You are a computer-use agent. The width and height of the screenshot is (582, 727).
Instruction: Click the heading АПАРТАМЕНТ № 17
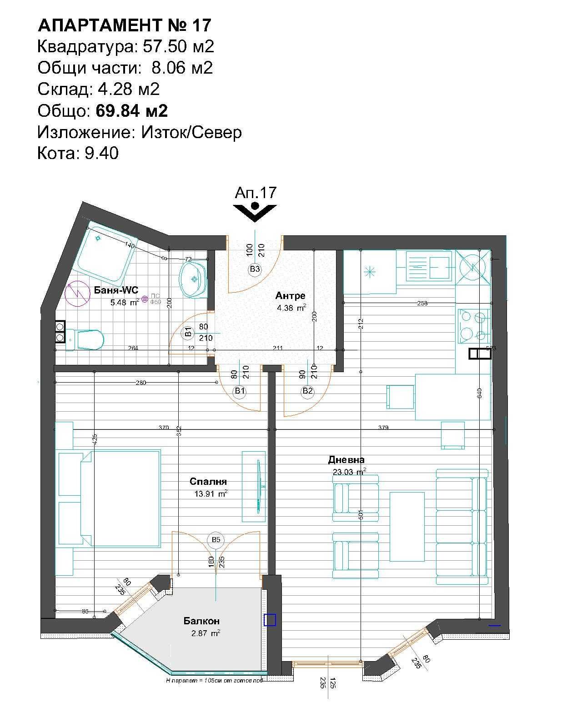pyautogui.click(x=125, y=25)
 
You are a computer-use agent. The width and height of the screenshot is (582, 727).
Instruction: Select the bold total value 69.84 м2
pyautogui.click(x=132, y=110)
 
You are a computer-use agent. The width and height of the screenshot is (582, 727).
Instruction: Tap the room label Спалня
pyautogui.click(x=208, y=482)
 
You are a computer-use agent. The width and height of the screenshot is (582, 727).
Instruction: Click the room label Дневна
pyautogui.click(x=346, y=460)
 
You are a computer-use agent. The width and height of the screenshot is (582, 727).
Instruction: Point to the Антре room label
pyautogui.click(x=290, y=296)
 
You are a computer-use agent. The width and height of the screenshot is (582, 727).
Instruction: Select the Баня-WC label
pyautogui.click(x=116, y=290)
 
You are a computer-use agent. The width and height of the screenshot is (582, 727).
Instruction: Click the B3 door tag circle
pyautogui.click(x=255, y=269)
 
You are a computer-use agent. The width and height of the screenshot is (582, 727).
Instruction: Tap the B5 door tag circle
pyautogui.click(x=216, y=539)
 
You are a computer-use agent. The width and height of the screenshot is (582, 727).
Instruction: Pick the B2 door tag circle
pyautogui.click(x=308, y=391)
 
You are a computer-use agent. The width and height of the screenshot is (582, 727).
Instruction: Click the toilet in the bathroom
pyautogui.click(x=89, y=339)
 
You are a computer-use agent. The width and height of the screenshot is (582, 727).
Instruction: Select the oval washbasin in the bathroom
pyautogui.click(x=193, y=279)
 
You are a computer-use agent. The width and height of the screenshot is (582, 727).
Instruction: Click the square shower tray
pyautogui.click(x=105, y=252)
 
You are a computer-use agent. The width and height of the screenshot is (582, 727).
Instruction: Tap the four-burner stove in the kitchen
pyautogui.click(x=474, y=326)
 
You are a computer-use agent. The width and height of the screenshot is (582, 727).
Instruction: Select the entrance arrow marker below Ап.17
pyautogui.click(x=255, y=211)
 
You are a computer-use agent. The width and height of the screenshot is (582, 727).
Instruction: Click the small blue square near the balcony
pyautogui.click(x=270, y=620)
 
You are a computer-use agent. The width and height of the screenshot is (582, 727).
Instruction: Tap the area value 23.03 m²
pyautogui.click(x=349, y=472)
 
